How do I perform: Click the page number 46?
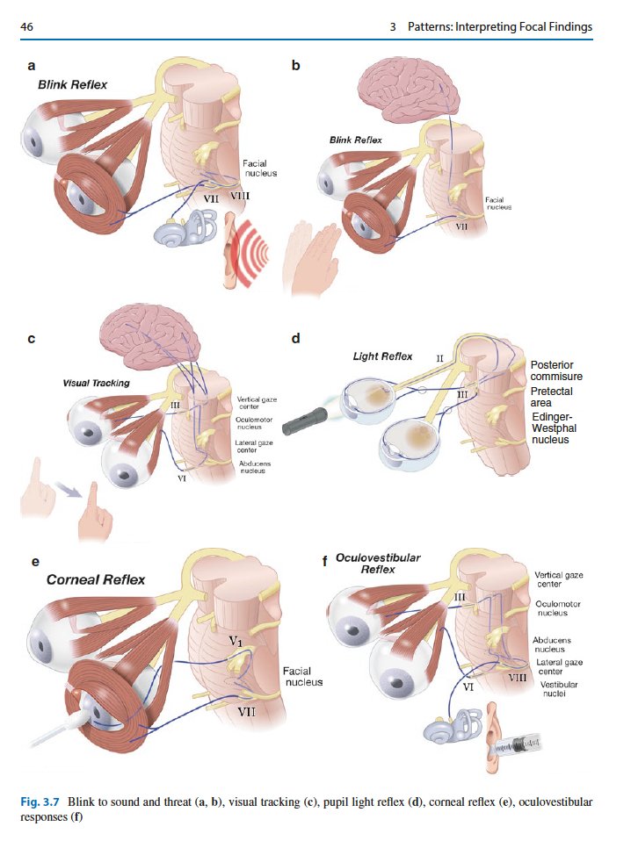point(27,26)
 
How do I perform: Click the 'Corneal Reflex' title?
point(96,579)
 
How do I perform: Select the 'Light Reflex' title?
point(382,356)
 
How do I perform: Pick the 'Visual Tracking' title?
point(96,383)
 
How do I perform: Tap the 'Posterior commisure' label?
point(556,370)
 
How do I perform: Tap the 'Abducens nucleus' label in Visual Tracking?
point(251,467)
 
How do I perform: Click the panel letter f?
point(327,563)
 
